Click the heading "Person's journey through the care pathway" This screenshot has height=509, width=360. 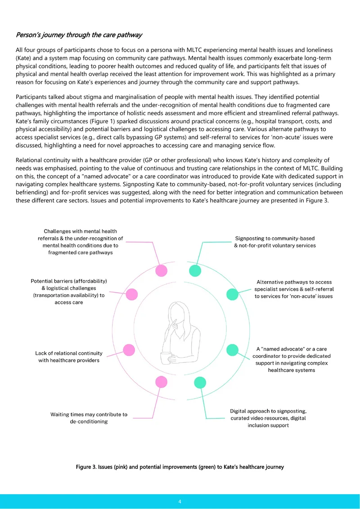tap(79, 35)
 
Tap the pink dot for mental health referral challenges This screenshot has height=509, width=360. tap(162, 270)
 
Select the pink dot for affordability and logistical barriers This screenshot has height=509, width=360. tap(131, 294)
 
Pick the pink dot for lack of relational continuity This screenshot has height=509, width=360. tap(129, 350)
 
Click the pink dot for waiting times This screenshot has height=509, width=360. tap(162, 382)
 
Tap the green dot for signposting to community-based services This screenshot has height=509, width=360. tap(195, 270)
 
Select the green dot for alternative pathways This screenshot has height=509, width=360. tap(232, 294)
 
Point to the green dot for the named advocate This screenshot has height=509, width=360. tap(232, 350)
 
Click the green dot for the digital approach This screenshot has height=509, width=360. tap(200, 383)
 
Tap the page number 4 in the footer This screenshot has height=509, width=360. tap(180, 501)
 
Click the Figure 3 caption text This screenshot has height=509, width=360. tap(180, 467)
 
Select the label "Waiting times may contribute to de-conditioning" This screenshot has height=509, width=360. tap(89, 418)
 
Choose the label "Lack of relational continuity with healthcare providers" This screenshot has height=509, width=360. tap(69, 356)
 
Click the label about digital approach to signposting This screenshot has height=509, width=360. tap(268, 418)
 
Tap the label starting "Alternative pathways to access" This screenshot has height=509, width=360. tap(294, 289)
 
